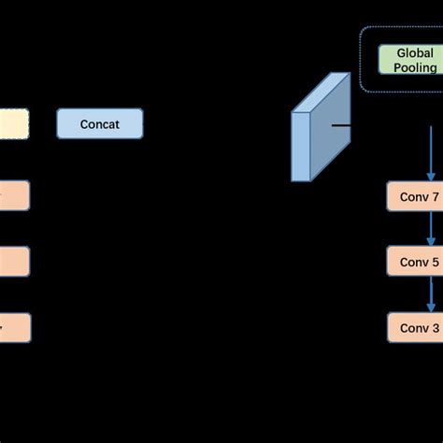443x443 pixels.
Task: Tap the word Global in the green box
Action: pyautogui.click(x=407, y=52)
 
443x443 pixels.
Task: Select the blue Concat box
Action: pyautogui.click(x=100, y=123)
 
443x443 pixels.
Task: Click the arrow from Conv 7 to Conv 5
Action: pyautogui.click(x=431, y=229)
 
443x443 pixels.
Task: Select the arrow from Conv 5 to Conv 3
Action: pyautogui.click(x=431, y=294)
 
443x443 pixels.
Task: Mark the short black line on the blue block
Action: pyautogui.click(x=340, y=123)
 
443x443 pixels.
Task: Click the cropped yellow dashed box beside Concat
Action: pyautogui.click(x=14, y=123)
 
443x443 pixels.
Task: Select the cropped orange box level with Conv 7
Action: pyautogui.click(x=14, y=196)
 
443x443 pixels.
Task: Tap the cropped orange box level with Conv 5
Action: pyautogui.click(x=14, y=262)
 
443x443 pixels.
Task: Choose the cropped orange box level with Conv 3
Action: pyautogui.click(x=14, y=327)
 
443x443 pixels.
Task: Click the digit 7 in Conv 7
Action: pyautogui.click(x=434, y=196)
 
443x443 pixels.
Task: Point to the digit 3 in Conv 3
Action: pyautogui.click(x=434, y=327)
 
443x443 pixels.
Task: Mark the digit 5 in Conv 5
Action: pyautogui.click(x=434, y=262)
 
